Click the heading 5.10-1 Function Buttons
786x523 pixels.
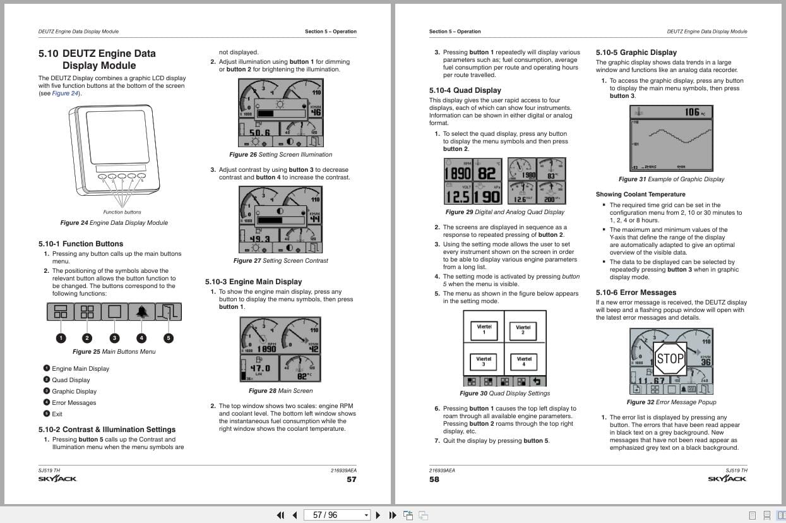pyautogui.click(x=81, y=244)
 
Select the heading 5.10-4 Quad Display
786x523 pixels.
pyautogui.click(x=465, y=90)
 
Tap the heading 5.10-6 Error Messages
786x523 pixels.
pyautogui.click(x=636, y=292)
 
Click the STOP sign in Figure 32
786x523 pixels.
pyautogui.click(x=670, y=359)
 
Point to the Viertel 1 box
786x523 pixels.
pyautogui.click(x=484, y=329)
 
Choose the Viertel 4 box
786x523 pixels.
pyautogui.click(x=524, y=361)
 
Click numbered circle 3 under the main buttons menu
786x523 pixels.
pyautogui.click(x=114, y=338)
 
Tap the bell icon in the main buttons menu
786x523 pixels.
pyautogui.click(x=141, y=311)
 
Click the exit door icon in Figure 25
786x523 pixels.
pyautogui.click(x=169, y=311)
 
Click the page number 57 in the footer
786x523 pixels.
pyautogui.click(x=352, y=479)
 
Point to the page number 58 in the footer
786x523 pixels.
pyautogui.click(x=434, y=479)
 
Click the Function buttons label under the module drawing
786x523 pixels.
pyautogui.click(x=122, y=212)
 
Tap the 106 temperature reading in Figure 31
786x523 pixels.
pyautogui.click(x=693, y=112)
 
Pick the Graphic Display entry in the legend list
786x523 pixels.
pyautogui.click(x=74, y=392)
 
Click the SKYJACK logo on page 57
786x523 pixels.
pyautogui.click(x=57, y=479)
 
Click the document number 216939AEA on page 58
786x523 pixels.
pyautogui.click(x=442, y=471)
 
